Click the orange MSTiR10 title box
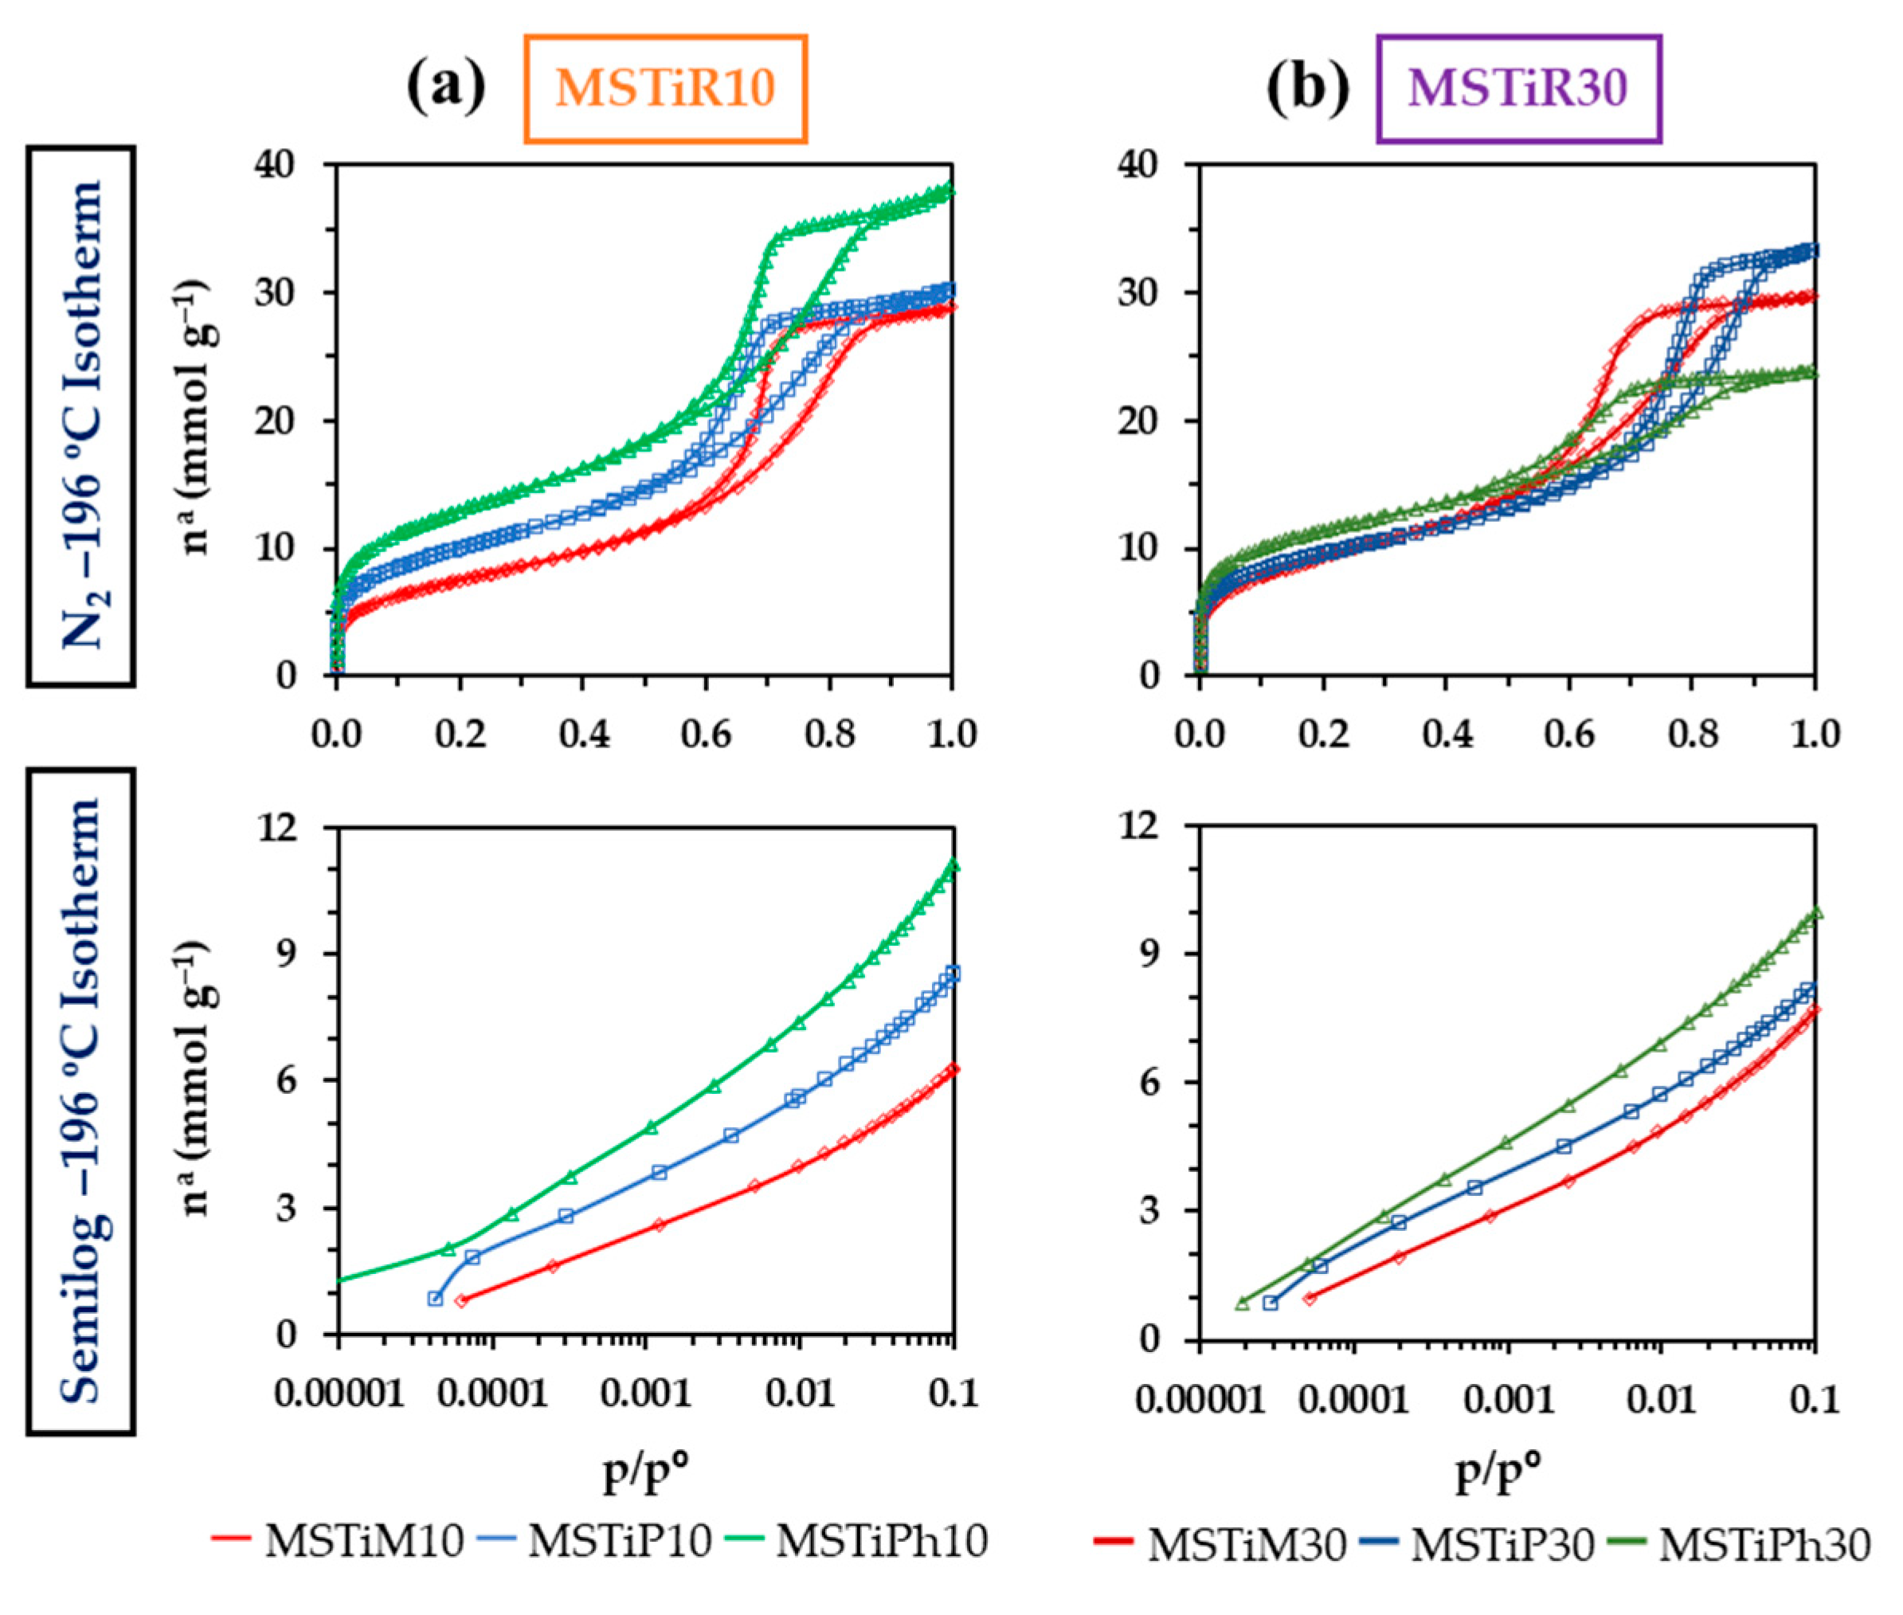click(x=665, y=88)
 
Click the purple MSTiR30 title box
click(x=1518, y=88)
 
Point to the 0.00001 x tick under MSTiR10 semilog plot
click(x=339, y=1394)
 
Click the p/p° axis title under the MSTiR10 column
click(x=645, y=1472)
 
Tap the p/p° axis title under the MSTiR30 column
click(x=1498, y=1472)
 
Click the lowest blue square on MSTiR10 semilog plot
click(x=436, y=1298)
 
